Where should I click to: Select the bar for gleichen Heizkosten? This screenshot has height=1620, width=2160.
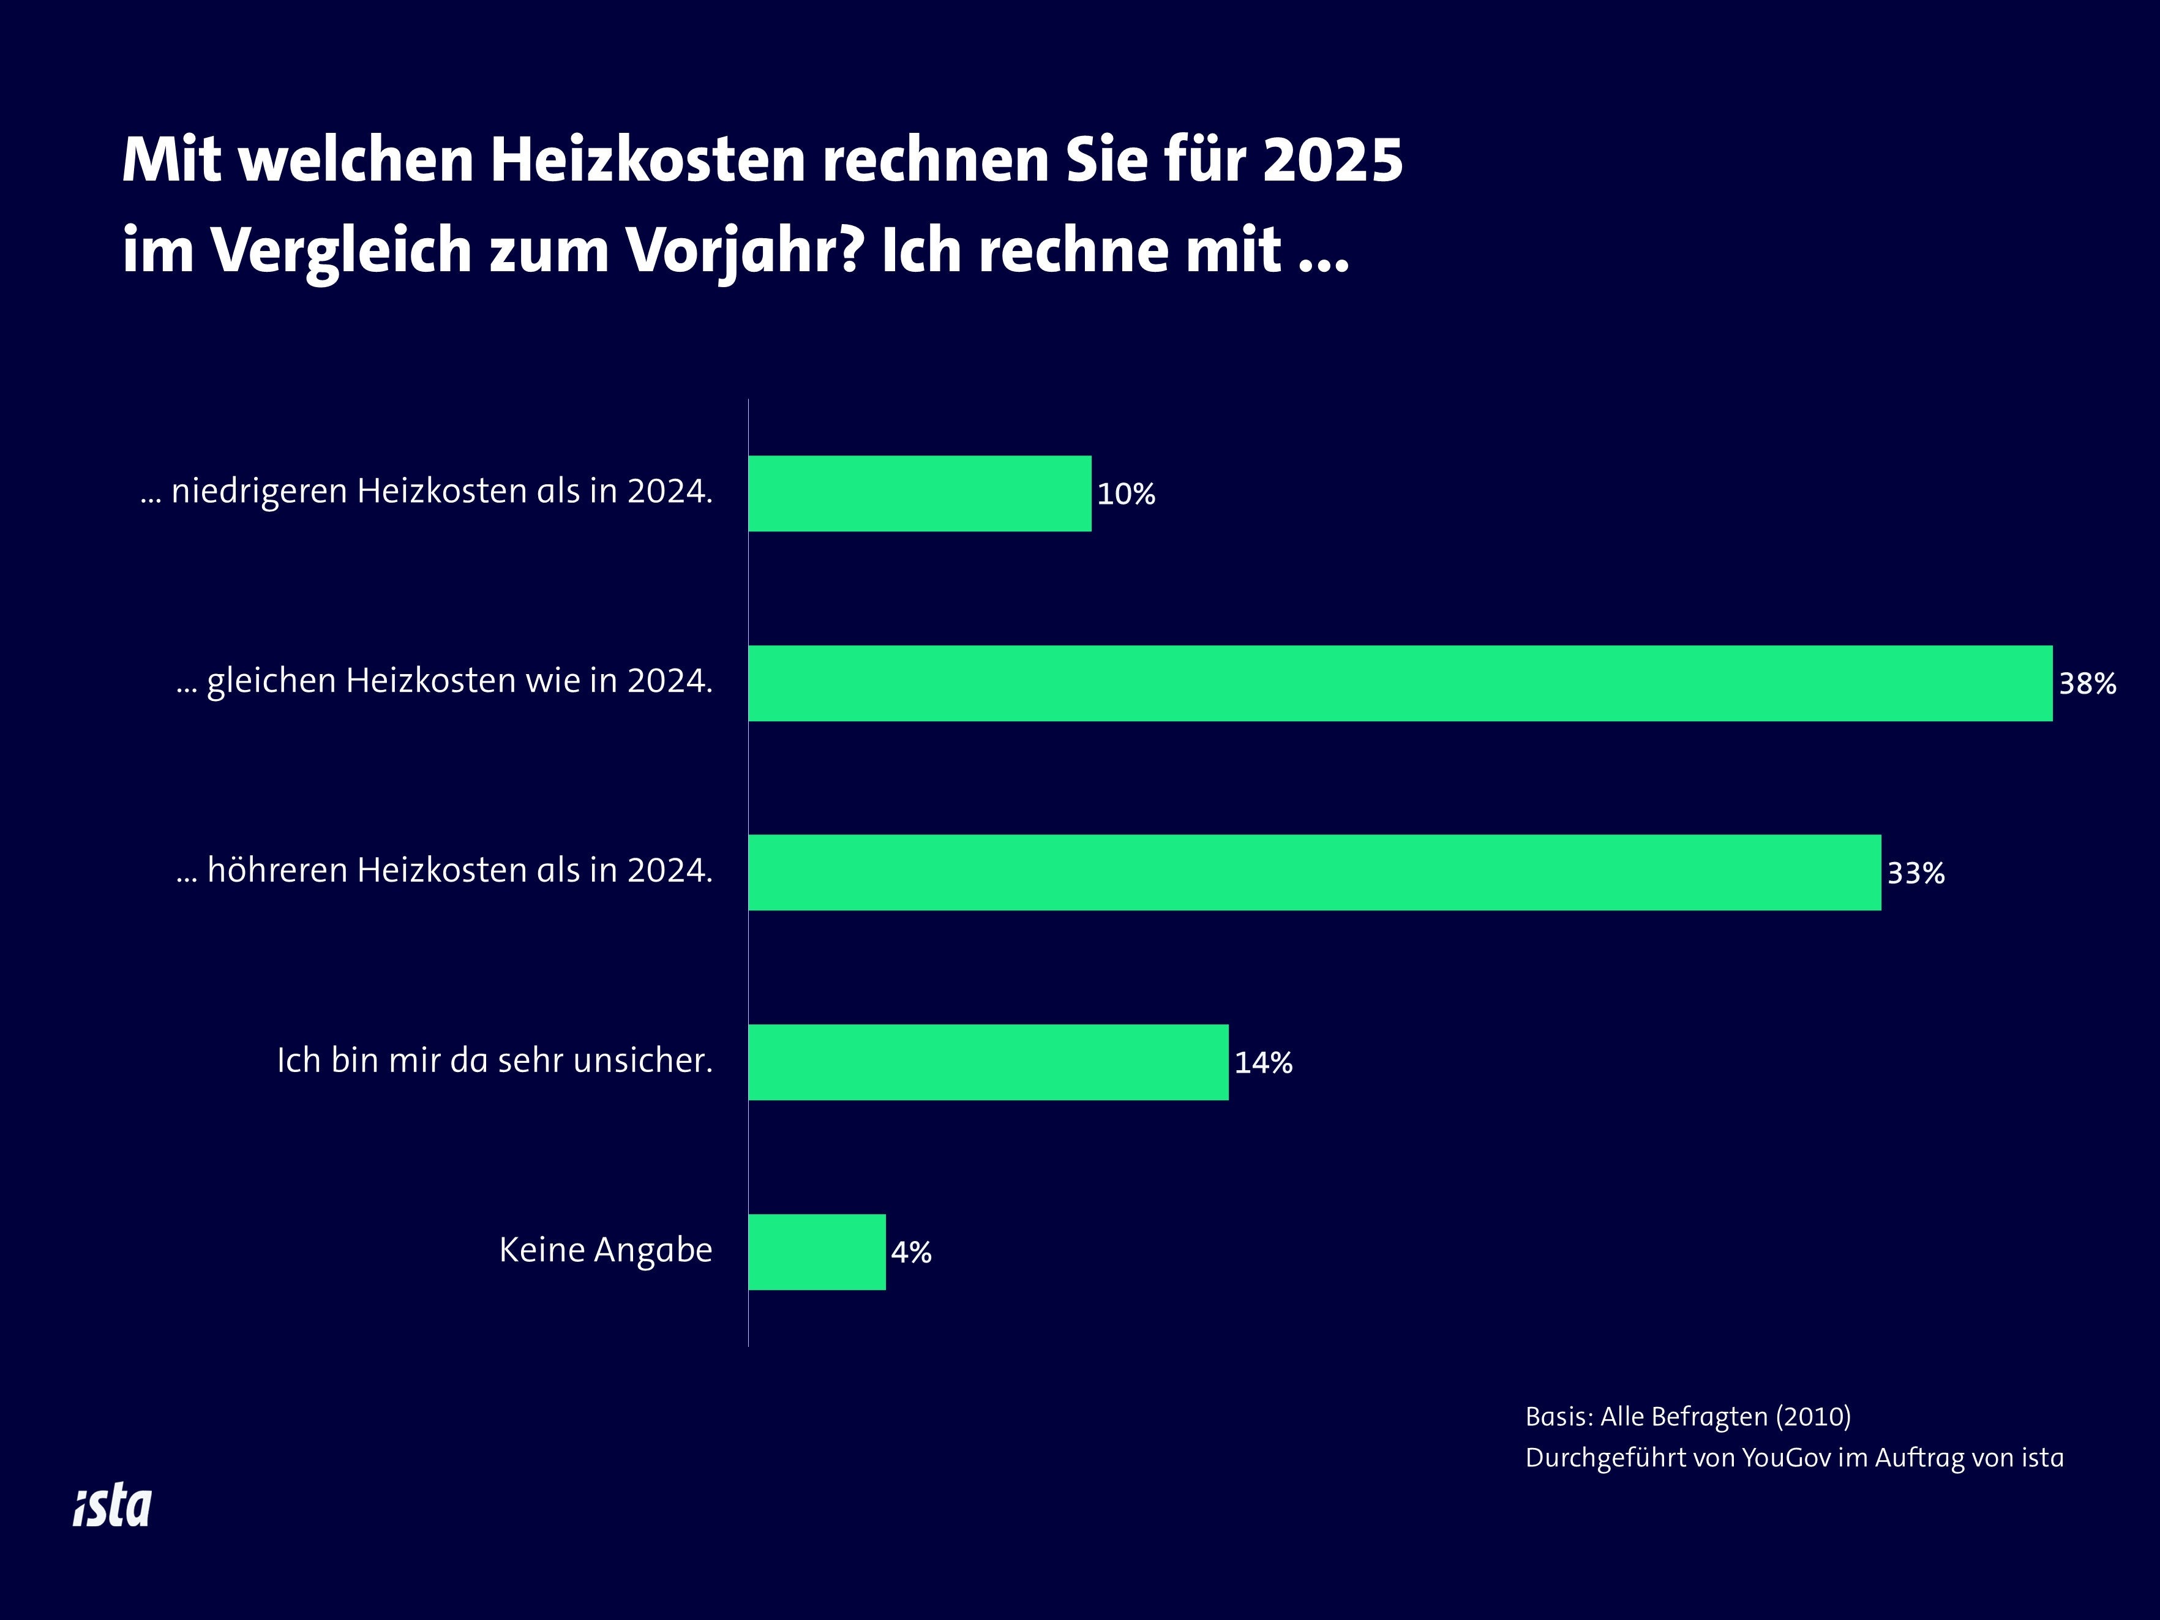(1400, 683)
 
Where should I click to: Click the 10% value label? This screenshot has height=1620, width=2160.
(1126, 494)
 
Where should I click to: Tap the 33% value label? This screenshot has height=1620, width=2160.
(1915, 873)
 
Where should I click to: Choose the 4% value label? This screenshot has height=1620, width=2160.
(911, 1252)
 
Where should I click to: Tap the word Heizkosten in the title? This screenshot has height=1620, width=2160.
(647, 159)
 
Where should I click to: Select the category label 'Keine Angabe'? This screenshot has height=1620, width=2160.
(606, 1250)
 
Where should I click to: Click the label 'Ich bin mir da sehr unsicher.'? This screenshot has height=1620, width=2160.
(494, 1060)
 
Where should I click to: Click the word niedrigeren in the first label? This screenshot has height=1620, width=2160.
(259, 491)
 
